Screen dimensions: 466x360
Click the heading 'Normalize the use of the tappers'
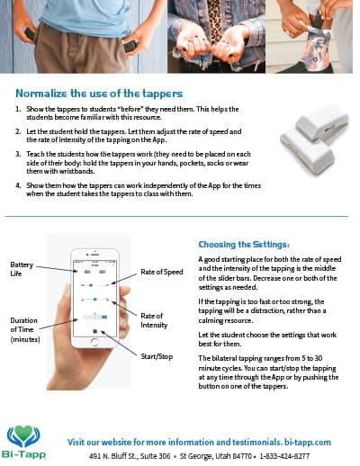(x=99, y=93)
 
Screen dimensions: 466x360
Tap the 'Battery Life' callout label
(x=22, y=268)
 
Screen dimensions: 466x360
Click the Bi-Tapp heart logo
(x=24, y=437)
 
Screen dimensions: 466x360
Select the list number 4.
(x=18, y=186)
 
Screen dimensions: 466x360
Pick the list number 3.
(x=18, y=155)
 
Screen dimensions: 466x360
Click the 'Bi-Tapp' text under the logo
(x=24, y=457)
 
